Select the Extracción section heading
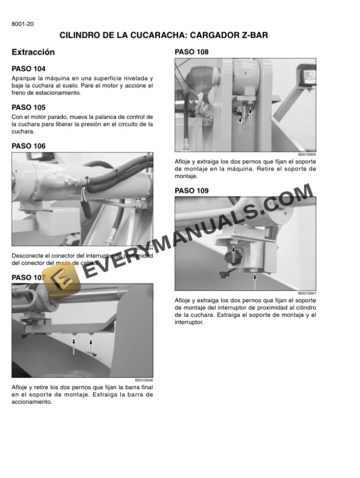pyautogui.click(x=33, y=52)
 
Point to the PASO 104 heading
pyautogui.click(x=28, y=69)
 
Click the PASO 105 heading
pyautogui.click(x=28, y=108)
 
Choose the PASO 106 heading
pyautogui.click(x=28, y=146)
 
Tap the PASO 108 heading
pyautogui.click(x=192, y=52)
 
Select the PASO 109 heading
pyautogui.click(x=192, y=190)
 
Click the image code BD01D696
pyautogui.click(x=144, y=380)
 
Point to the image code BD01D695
pyautogui.click(x=308, y=155)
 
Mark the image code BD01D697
pyautogui.click(x=308, y=293)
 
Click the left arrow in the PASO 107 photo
pyautogui.click(x=74, y=346)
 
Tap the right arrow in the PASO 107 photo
pyautogui.click(x=91, y=344)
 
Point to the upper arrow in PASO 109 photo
pyautogui.click(x=234, y=254)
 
